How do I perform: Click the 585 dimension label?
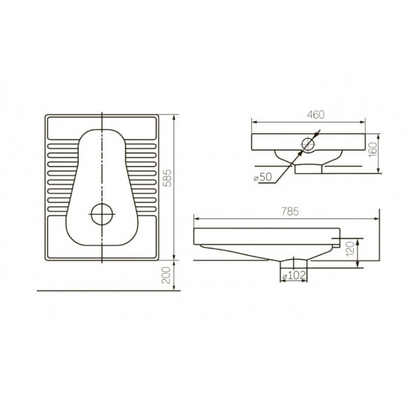pos(168,178)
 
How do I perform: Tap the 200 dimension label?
pos(166,275)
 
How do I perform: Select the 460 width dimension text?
pos(316,115)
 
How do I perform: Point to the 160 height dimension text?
pos(373,149)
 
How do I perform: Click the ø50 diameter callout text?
pos(263,177)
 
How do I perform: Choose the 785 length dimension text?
pos(290,212)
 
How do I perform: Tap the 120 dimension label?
pos(350,249)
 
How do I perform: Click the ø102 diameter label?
pos(294,275)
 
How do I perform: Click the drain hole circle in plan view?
pos(102,204)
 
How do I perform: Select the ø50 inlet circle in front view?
pos(307,137)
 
